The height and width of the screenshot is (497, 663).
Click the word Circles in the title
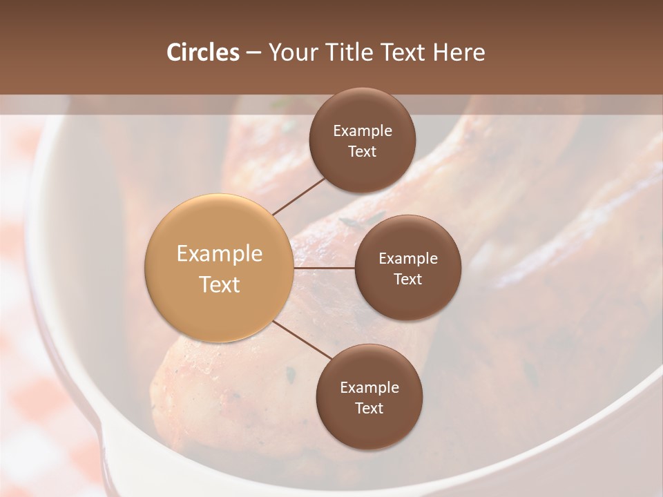point(202,52)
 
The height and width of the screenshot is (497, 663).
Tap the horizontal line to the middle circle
point(325,268)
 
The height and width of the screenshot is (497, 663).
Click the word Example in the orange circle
point(220,254)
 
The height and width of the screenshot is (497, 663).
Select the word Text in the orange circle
point(220,284)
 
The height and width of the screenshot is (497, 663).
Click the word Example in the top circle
point(362,131)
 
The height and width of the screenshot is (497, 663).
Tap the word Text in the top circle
point(362,151)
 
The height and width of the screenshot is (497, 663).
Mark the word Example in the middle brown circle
point(407,259)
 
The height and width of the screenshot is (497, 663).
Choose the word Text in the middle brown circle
point(407,279)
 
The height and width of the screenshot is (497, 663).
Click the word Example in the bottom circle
point(369,388)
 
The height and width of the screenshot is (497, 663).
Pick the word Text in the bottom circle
point(369,408)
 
